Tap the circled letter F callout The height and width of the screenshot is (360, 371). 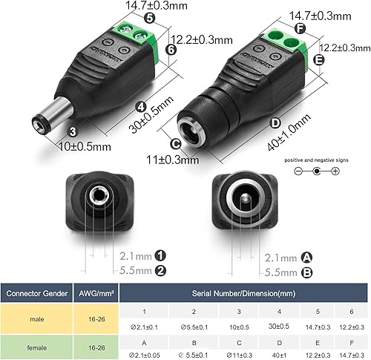[x=300, y=29]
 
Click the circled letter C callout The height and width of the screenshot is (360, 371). [x=176, y=145]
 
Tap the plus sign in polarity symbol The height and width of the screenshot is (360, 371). [x=335, y=171]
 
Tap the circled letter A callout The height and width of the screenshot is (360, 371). [x=308, y=256]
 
